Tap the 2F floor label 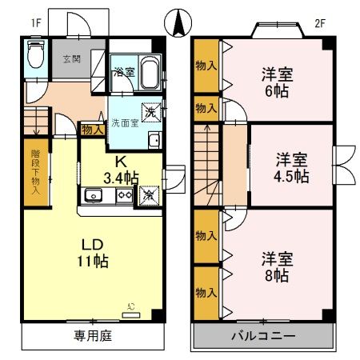(319, 23)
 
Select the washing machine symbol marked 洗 (148, 111)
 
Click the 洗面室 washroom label (125, 124)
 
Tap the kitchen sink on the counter (92, 194)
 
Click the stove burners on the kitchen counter (125, 194)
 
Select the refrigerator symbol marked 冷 (148, 194)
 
